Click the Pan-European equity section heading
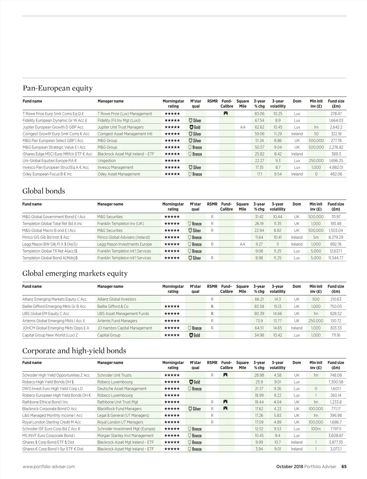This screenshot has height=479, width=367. click(57, 88)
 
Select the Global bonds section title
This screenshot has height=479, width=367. click(44, 191)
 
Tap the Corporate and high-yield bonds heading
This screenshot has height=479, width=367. click(74, 351)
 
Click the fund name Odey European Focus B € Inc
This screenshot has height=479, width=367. click(47, 174)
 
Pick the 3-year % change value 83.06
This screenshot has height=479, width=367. click(259, 114)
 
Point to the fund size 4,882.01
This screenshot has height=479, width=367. click(336, 168)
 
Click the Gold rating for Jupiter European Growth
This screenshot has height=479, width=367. click(195, 127)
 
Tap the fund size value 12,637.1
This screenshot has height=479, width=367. click(336, 251)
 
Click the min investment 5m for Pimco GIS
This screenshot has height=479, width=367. click(316, 238)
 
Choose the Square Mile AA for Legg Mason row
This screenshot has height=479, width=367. click(243, 244)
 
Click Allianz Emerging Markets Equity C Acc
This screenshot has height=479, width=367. click(54, 300)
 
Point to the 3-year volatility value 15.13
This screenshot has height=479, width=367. click(277, 307)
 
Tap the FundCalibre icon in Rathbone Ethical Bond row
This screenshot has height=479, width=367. click(226, 402)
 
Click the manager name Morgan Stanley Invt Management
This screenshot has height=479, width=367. click(125, 436)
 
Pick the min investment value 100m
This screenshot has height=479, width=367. click(316, 429)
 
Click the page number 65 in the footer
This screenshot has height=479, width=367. click(344, 467)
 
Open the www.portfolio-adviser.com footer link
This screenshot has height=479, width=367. click(49, 467)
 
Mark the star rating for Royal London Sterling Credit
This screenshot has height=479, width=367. click(172, 422)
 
